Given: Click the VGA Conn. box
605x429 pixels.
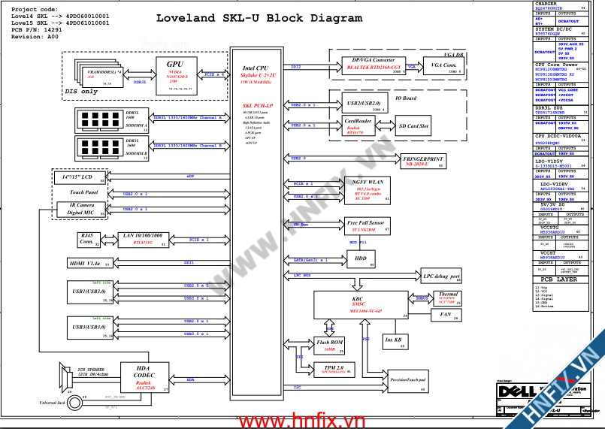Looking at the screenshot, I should coord(444,67).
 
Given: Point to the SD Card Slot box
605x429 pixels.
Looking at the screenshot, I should coord(413,127).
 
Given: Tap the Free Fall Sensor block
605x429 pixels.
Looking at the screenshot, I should coord(365,226).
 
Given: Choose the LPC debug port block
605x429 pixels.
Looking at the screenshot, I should coord(441,276).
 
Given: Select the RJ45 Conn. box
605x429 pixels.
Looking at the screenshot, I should coord(89,240).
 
